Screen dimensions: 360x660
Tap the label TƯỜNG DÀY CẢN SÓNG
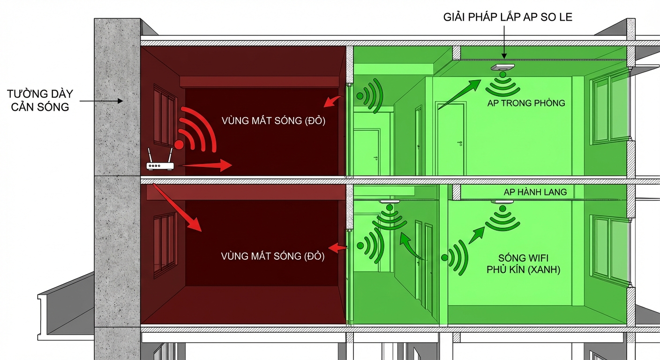pyautogui.click(x=38, y=100)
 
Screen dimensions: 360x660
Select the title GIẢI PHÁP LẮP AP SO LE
pyautogui.click(x=508, y=17)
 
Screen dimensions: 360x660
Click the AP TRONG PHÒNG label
pyautogui.click(x=526, y=103)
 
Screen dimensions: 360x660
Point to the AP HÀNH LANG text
pyautogui.click(x=535, y=192)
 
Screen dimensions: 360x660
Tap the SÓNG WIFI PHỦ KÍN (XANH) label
pyautogui.click(x=523, y=264)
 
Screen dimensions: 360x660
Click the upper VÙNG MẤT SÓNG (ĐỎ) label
pyautogui.click(x=273, y=120)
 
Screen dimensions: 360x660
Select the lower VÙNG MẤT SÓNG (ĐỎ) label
pyautogui.click(x=272, y=256)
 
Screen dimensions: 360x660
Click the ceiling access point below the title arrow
pyautogui.click(x=502, y=67)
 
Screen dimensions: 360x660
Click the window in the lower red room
pyautogui.click(x=165, y=245)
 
